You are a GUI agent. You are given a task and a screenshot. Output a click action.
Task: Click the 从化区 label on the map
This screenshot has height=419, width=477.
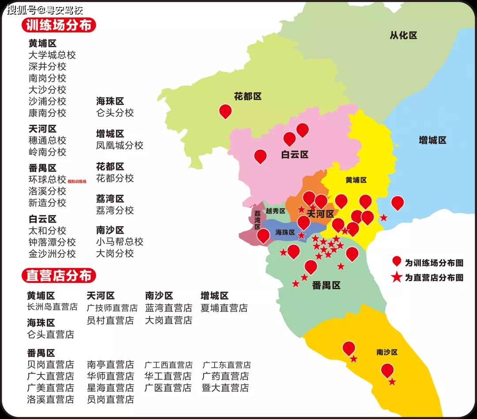click(x=403, y=35)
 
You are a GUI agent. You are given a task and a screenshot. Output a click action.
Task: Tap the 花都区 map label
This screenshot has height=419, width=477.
click(x=248, y=96)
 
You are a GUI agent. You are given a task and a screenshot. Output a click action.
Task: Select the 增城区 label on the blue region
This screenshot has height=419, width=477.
click(x=432, y=140)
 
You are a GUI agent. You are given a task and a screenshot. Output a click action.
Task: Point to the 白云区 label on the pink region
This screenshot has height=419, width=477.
click(x=295, y=154)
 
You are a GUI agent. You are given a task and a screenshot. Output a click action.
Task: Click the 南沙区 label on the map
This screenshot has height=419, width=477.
click(x=387, y=352)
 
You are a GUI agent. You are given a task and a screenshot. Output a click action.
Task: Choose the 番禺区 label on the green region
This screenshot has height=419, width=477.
click(x=326, y=285)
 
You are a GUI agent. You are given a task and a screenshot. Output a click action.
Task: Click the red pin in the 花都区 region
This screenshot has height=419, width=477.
click(x=226, y=111)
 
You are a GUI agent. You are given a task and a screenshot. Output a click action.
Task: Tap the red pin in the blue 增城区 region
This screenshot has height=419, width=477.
click(x=397, y=202)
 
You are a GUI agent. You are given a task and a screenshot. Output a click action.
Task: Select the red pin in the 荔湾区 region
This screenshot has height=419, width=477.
click(x=263, y=235)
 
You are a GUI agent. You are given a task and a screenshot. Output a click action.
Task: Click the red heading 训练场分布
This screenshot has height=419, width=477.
click(x=59, y=25)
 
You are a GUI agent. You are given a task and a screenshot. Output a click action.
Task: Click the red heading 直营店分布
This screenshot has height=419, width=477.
click(x=59, y=276)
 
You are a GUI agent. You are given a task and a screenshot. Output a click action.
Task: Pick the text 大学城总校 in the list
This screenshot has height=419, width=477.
click(x=52, y=55)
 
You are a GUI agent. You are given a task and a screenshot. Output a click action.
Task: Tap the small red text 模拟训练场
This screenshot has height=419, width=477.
click(x=77, y=181)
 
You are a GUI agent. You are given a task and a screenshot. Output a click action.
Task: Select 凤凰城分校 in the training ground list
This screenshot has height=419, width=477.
click(x=120, y=145)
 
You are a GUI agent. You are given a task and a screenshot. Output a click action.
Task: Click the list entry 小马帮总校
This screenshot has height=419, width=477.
click(x=120, y=242)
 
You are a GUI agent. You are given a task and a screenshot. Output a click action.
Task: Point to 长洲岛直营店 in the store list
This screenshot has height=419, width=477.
click(x=52, y=307)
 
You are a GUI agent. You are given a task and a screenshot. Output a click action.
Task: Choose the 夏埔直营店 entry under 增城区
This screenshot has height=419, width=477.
click(x=224, y=308)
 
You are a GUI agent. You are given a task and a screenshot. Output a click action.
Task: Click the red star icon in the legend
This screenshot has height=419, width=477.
click(x=397, y=278)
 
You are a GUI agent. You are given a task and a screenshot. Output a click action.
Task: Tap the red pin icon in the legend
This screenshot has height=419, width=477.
click(x=397, y=261)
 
